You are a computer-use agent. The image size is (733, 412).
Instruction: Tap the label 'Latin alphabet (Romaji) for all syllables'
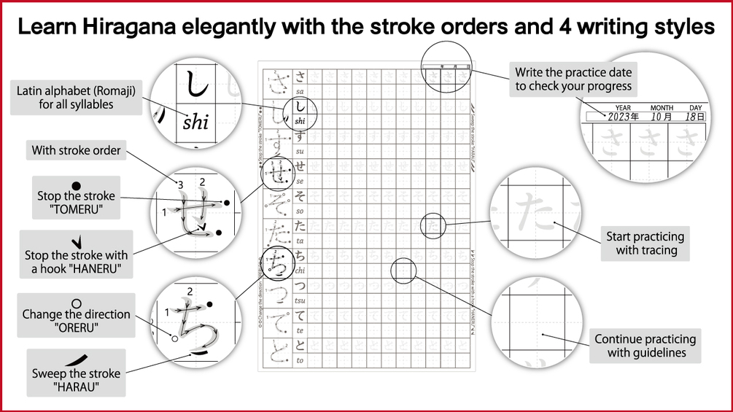click(x=75, y=98)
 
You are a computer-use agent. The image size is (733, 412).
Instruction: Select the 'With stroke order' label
click(x=76, y=151)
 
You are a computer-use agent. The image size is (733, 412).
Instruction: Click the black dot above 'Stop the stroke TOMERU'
click(x=77, y=185)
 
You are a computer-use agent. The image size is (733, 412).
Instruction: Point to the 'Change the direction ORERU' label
click(x=76, y=321)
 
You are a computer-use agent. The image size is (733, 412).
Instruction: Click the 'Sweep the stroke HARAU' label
click(x=76, y=380)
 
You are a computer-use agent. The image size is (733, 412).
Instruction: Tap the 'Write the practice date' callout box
click(x=573, y=79)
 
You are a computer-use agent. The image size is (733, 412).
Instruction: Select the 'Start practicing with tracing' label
click(x=645, y=244)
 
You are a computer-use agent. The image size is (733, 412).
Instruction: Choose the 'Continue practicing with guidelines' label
click(x=645, y=346)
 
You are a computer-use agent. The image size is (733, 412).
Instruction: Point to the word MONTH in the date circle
click(x=662, y=108)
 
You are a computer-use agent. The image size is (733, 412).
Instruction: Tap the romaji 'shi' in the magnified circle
click(x=195, y=123)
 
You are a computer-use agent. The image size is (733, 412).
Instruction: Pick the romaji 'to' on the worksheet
click(x=300, y=360)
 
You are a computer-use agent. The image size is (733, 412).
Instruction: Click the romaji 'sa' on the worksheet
click(x=300, y=92)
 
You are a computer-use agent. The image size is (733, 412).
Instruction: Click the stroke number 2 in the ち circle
click(x=190, y=292)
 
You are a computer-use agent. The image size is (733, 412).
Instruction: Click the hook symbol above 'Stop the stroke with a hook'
click(x=76, y=242)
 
